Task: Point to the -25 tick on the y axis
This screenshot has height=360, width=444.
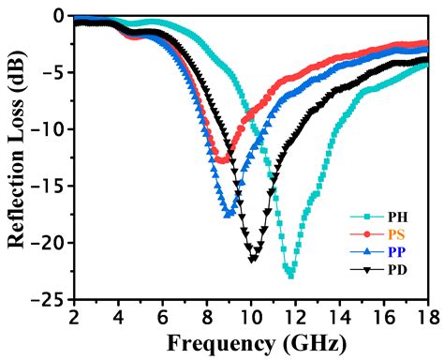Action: pyautogui.click(x=52, y=301)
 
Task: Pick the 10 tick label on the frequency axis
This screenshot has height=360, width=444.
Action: pyautogui.click(x=250, y=316)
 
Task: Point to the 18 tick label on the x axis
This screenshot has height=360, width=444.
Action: pyautogui.click(x=427, y=316)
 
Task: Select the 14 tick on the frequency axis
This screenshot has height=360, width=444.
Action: pyautogui.click(x=339, y=316)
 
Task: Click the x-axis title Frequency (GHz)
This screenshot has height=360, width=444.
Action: pyautogui.click(x=250, y=341)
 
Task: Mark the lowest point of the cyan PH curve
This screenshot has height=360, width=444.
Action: pyautogui.click(x=290, y=276)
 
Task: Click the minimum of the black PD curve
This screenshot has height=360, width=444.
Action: pyautogui.click(x=253, y=259)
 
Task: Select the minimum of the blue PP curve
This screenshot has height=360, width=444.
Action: pyautogui.click(x=228, y=215)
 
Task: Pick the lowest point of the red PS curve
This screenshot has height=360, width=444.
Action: pyautogui.click(x=221, y=160)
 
